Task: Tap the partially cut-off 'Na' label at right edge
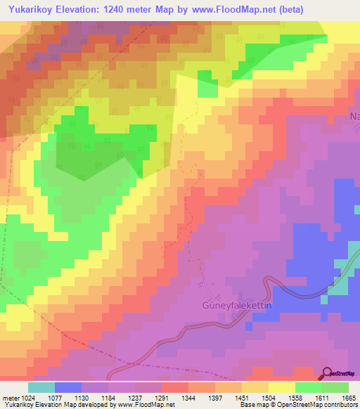pyautogui.click(x=354, y=117)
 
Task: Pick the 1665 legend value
pyautogui.click(x=348, y=398)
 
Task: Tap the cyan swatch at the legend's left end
pyautogui.click(x=41, y=387)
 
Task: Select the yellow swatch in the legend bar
pyautogui.click(x=282, y=387)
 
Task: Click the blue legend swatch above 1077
pyautogui.click(x=68, y=387)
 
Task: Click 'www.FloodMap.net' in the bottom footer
pyautogui.click(x=146, y=405)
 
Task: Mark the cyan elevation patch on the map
pyautogui.click(x=340, y=285)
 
